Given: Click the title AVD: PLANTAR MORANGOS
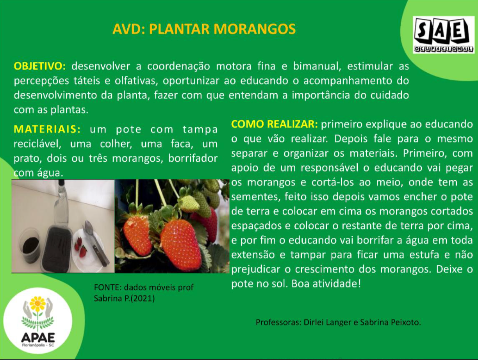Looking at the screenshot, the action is point(204,29).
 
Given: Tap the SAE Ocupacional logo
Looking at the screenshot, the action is point(444,35).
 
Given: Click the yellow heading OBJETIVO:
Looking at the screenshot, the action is point(39,66).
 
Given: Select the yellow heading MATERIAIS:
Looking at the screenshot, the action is point(47,129).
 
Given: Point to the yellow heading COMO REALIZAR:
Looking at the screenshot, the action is point(275,124).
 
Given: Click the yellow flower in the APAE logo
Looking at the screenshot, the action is point(37,303).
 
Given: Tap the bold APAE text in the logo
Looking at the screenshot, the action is point(38,338).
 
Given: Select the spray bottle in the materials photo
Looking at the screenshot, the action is point(62,202).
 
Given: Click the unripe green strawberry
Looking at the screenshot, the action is point(189,203).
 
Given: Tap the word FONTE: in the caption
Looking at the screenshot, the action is point(108,287).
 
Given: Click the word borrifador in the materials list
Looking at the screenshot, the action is point(193,158).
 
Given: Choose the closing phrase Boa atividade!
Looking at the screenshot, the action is point(326,283).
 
